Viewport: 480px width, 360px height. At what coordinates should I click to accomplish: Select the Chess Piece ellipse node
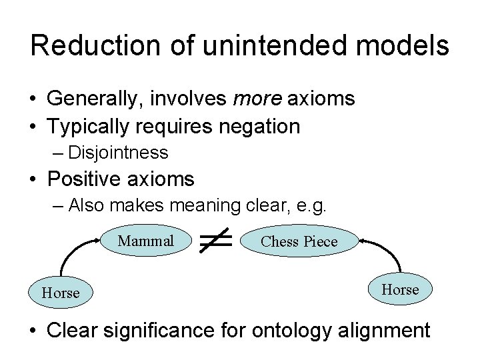pyautogui.click(x=299, y=241)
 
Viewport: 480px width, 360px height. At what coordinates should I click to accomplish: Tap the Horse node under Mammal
pyautogui.click(x=61, y=293)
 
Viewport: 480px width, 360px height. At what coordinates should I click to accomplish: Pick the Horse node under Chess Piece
pyautogui.click(x=400, y=289)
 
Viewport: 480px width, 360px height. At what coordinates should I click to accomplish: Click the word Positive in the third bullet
pyautogui.click(x=88, y=179)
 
